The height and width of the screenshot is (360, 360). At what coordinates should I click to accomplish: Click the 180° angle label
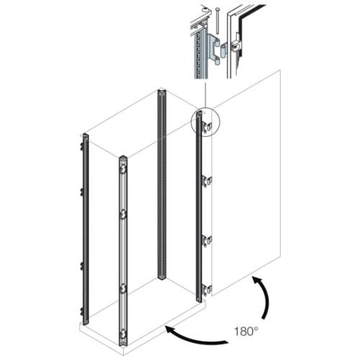(246, 331)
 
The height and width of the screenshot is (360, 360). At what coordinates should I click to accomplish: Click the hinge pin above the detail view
(217, 21)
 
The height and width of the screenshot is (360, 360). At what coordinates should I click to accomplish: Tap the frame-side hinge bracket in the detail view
(214, 50)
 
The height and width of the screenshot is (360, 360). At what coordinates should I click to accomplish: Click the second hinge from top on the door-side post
(207, 181)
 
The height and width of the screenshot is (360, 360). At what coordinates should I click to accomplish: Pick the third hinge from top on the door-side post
(207, 240)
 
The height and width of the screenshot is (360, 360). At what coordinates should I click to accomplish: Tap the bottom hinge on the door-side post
(207, 289)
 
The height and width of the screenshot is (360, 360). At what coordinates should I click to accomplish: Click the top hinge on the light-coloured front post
(123, 169)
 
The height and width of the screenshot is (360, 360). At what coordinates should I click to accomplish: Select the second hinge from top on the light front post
(123, 215)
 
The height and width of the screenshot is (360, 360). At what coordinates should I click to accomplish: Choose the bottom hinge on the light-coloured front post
(123, 334)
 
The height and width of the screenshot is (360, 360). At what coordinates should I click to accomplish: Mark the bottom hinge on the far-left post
(82, 311)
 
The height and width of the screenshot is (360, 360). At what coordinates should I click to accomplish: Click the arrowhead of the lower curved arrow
(171, 330)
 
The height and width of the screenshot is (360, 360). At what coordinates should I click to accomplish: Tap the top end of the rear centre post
(161, 91)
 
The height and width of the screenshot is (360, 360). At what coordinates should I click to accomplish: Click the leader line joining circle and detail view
(206, 93)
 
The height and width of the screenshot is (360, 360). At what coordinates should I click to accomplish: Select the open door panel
(246, 182)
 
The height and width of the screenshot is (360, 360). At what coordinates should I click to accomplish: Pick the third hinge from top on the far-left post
(82, 266)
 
